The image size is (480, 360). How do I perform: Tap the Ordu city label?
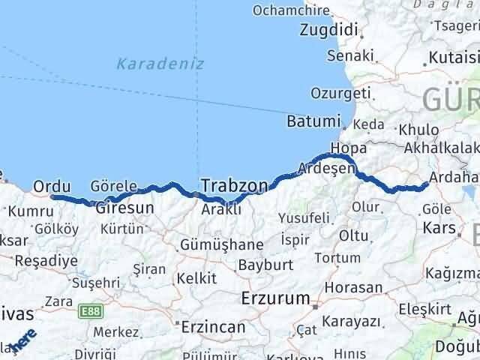coord(52,186)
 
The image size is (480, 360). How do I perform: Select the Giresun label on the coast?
coord(124,208)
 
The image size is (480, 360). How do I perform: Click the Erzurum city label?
coord(275,298)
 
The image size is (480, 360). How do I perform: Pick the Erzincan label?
coord(214,328)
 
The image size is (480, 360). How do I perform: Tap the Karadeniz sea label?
coord(160,64)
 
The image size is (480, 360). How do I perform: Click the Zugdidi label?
coord(328,31)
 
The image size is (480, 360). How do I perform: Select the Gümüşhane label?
coord(221,244)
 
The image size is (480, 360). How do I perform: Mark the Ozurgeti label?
coord(342,94)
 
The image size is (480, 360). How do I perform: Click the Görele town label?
coord(112,186)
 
